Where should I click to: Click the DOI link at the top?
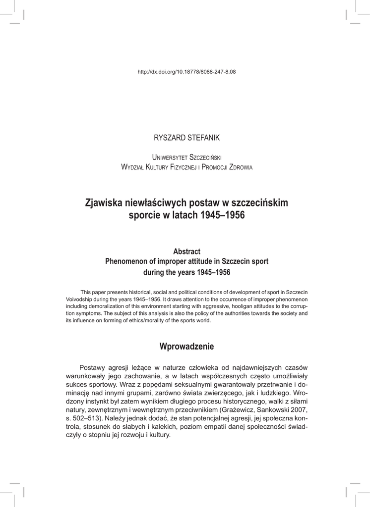186,72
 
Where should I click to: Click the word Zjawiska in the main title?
105,203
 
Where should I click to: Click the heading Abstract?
186,252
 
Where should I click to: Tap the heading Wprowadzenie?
186,347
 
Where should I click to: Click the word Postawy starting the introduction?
94,367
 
